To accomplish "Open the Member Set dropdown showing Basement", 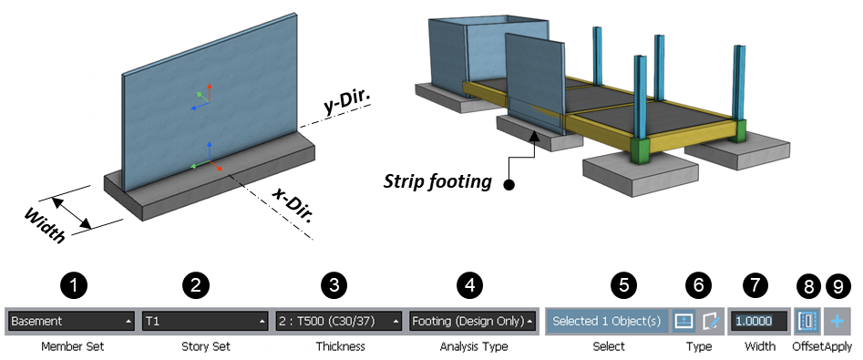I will [x=71, y=321].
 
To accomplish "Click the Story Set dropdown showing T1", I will [x=205, y=321].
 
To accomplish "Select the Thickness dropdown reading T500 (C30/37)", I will [x=338, y=321].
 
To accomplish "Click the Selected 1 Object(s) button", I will [x=606, y=321].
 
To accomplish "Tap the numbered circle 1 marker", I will [x=78, y=285].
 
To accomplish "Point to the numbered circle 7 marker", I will [x=755, y=285].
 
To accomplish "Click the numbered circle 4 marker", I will [x=469, y=285].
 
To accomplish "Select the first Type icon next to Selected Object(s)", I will [x=683, y=321].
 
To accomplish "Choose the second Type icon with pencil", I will [x=710, y=321].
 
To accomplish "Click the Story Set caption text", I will [x=205, y=346].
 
